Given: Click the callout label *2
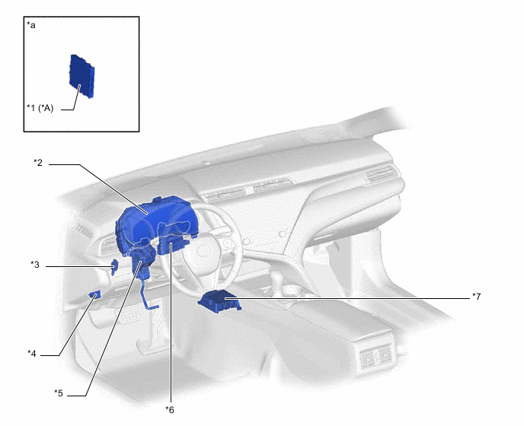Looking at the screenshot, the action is [38, 163].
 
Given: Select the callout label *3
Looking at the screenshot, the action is [35, 265].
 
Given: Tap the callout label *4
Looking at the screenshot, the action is [32, 353].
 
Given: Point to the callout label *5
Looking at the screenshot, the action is [59, 393].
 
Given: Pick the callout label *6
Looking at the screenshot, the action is [170, 410].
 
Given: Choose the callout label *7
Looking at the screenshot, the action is [476, 297].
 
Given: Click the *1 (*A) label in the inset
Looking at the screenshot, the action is [40, 108].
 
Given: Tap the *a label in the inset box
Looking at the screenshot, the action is [31, 25].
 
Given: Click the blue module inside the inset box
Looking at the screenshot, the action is [82, 76].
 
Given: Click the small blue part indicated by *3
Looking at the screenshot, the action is [114, 267].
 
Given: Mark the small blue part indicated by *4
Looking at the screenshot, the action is [94, 295].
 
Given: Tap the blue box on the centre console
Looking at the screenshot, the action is [219, 300].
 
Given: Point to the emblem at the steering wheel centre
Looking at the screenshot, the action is [203, 251].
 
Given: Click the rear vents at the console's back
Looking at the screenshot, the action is [375, 358].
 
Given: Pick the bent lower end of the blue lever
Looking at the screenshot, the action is [152, 306].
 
